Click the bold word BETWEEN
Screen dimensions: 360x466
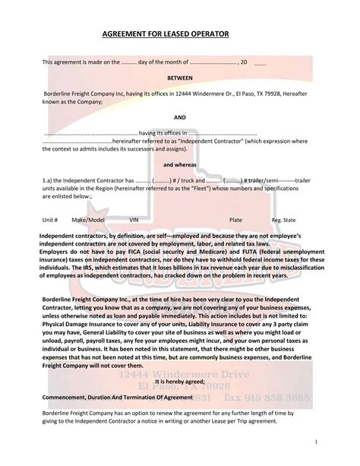tap(180, 78)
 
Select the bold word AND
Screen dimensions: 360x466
tap(180, 118)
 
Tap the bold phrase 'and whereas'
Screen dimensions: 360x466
tap(180, 164)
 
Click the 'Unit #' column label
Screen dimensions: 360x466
tap(50, 219)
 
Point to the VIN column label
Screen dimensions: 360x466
tap(134, 219)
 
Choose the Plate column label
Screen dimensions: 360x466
tap(235, 219)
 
